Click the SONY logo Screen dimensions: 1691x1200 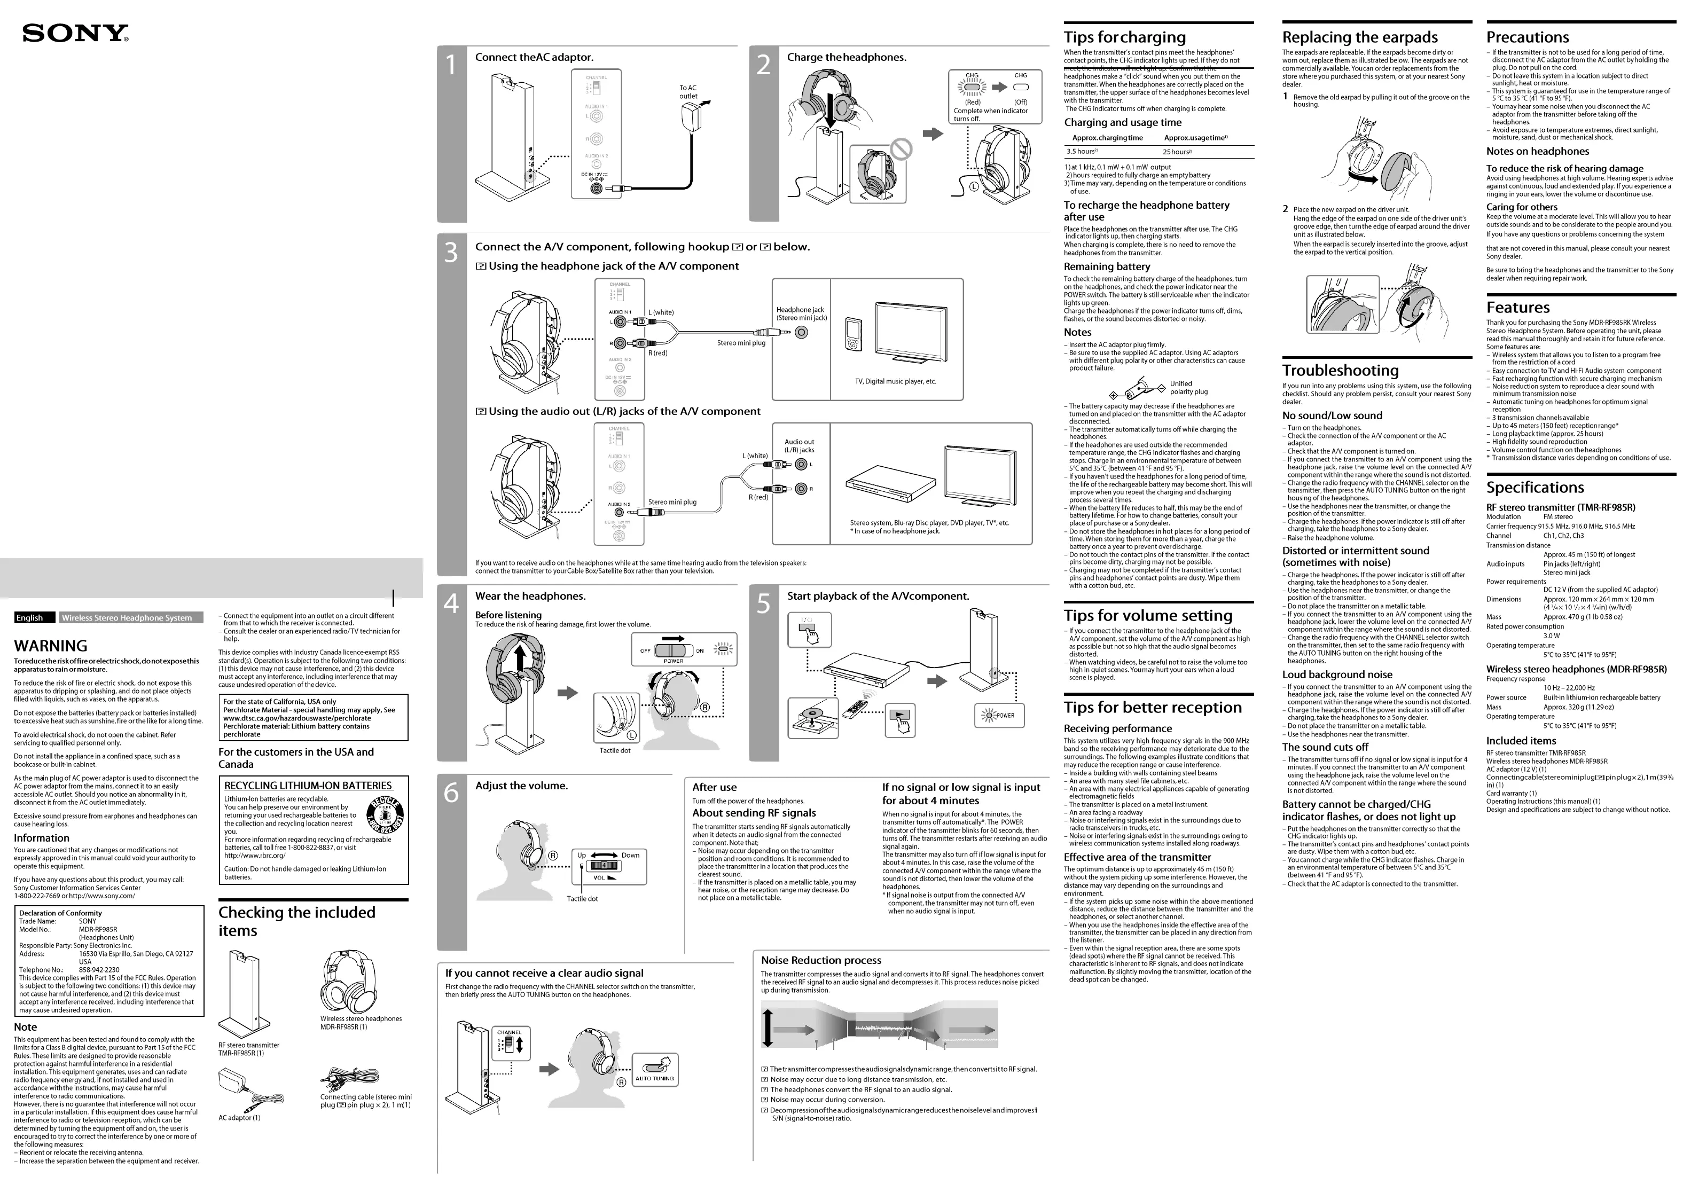[x=75, y=33]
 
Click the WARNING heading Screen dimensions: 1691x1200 [x=50, y=646]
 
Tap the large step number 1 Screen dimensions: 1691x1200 [x=451, y=66]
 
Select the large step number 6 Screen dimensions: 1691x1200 [x=451, y=794]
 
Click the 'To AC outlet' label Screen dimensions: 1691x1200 [x=688, y=92]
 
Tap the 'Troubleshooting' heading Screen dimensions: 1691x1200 [x=1340, y=370]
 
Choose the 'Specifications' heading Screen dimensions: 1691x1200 [x=1535, y=488]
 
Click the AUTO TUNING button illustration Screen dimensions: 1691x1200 [x=654, y=1070]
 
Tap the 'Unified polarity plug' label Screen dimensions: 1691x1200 [x=1188, y=387]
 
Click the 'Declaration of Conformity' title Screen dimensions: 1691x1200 [x=60, y=913]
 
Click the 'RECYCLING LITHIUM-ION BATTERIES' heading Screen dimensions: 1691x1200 [x=308, y=786]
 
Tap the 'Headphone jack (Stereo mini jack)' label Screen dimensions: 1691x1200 [x=801, y=314]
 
